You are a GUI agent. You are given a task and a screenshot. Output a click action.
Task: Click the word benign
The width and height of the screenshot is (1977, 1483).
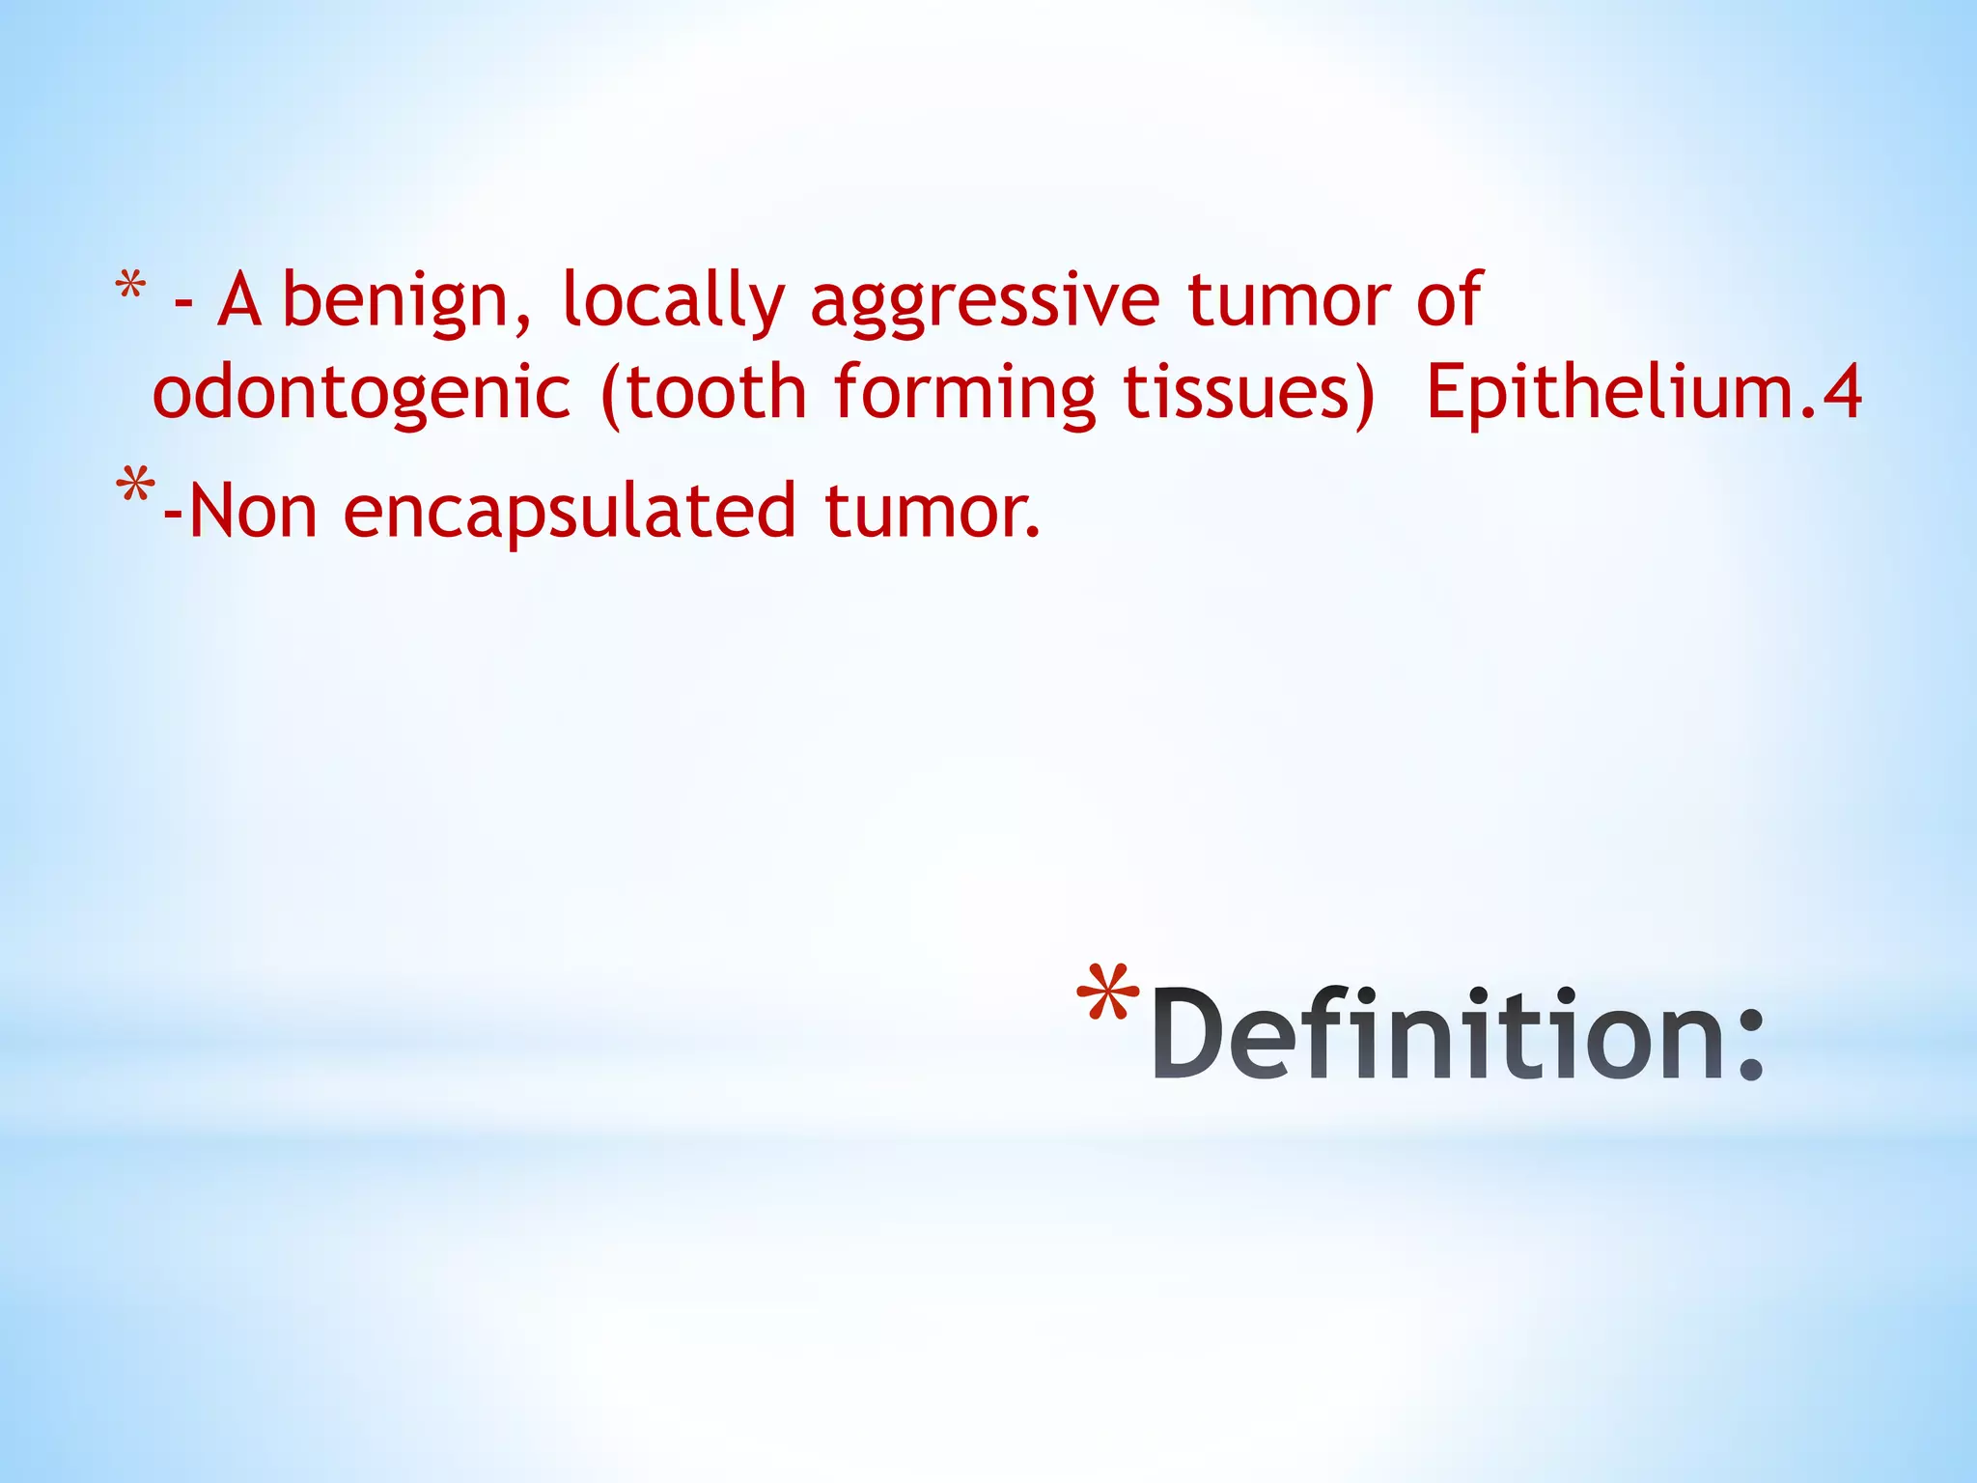(405, 301)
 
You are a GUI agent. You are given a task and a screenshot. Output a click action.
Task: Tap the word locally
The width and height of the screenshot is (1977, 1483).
(673, 301)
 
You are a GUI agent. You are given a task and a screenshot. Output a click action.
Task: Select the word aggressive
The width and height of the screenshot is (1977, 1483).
(984, 301)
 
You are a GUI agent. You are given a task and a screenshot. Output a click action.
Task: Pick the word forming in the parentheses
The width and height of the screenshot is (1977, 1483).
(964, 394)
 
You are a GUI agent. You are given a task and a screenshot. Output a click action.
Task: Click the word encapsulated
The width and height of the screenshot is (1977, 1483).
(570, 512)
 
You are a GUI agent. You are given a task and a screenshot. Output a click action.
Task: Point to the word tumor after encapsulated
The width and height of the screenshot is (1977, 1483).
(932, 512)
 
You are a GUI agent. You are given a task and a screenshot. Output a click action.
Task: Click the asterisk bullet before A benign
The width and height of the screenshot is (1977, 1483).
(130, 287)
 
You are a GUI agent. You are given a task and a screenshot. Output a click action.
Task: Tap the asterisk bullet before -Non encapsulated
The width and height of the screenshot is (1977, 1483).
(134, 486)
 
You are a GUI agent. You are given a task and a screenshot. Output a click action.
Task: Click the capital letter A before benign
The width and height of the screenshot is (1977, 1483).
(239, 301)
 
